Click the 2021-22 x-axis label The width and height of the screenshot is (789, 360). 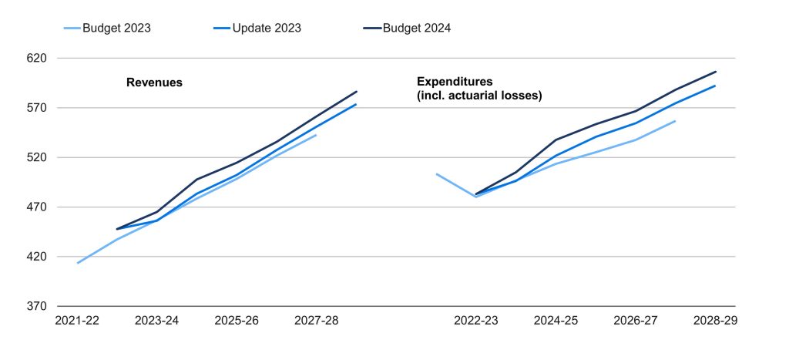[77, 320]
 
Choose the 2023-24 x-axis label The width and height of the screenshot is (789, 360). [157, 320]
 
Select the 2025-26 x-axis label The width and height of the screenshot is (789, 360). [237, 320]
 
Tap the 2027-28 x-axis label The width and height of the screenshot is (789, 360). [317, 320]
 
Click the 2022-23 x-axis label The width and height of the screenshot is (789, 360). [476, 320]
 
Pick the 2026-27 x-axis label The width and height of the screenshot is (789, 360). [636, 320]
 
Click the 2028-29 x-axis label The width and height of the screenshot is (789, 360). [716, 320]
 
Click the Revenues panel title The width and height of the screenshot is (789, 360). [154, 82]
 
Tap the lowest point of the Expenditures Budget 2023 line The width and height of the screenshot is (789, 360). [476, 197]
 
